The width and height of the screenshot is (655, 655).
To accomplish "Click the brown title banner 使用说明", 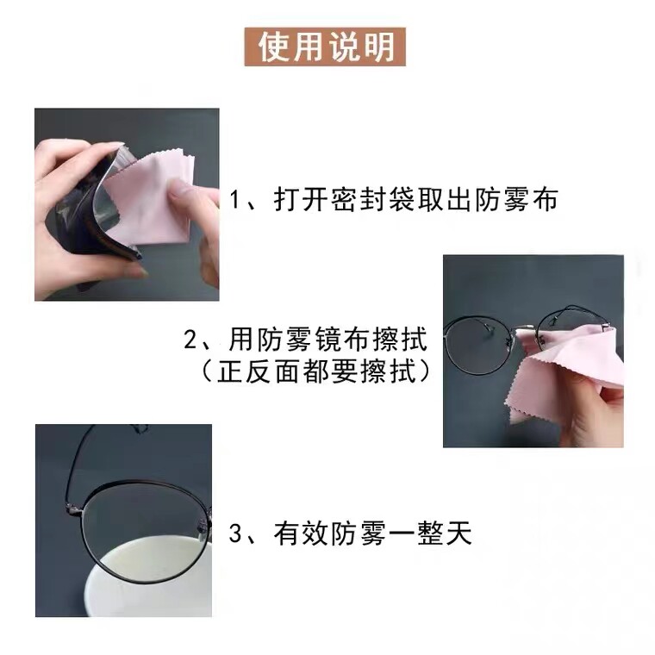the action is tap(325, 47).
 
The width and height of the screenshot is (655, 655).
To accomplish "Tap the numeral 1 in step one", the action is tap(236, 199).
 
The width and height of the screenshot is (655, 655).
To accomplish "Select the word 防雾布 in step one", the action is tap(516, 199).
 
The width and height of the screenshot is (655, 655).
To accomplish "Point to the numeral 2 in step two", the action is tap(190, 340).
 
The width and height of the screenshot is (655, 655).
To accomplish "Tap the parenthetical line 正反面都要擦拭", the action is tap(316, 371).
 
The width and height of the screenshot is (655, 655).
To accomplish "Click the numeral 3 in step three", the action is tap(235, 533).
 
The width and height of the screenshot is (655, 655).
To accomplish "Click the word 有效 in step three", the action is tap(302, 533).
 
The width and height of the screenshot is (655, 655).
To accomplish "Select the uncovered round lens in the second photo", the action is tap(477, 346).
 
